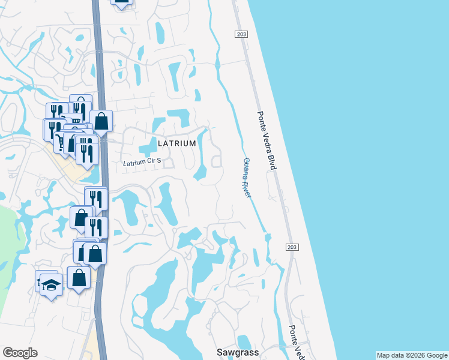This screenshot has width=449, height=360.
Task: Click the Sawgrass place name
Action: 238,352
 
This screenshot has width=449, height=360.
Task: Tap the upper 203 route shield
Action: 241,35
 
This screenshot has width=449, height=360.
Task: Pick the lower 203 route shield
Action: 292,247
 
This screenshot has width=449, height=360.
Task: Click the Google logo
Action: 20,353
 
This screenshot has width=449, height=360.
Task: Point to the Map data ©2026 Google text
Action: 412,355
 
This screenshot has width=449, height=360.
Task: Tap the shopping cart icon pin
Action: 61,142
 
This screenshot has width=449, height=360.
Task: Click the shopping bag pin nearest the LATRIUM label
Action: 101,121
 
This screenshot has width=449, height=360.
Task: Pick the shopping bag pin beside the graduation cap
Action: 79,278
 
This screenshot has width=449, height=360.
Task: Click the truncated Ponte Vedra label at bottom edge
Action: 296,343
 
